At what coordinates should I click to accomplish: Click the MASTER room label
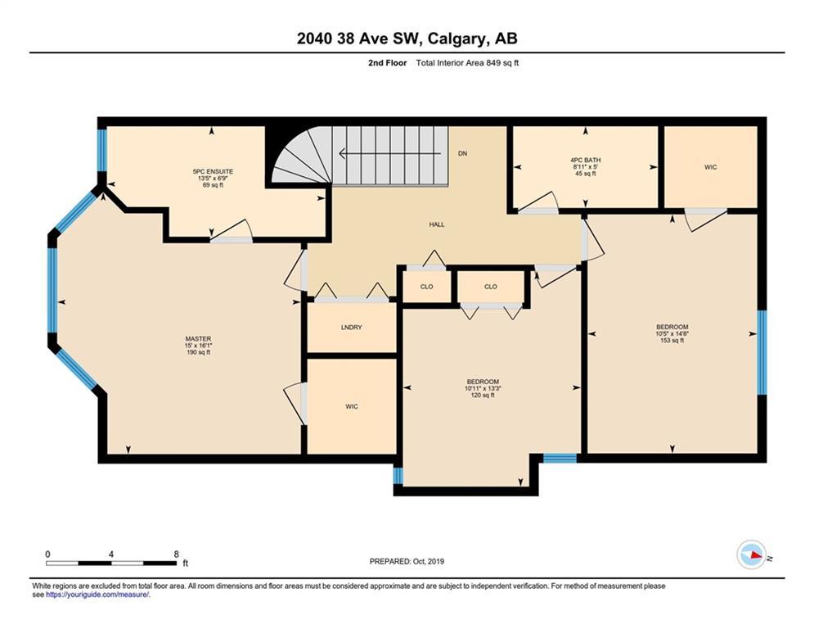(x=198, y=339)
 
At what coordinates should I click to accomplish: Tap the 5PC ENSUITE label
(x=213, y=171)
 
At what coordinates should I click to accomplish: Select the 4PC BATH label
(x=586, y=160)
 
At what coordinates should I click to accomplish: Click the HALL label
(x=437, y=224)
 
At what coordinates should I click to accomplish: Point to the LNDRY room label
(x=352, y=328)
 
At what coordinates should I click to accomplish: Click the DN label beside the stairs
(x=462, y=153)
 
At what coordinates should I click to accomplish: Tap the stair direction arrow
(x=390, y=154)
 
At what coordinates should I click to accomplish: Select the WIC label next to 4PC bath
(x=711, y=167)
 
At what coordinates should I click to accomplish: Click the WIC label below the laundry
(x=352, y=406)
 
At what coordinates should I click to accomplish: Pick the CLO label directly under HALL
(x=427, y=287)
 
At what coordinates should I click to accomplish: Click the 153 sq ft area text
(x=672, y=341)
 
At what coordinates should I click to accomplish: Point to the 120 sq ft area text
(x=483, y=395)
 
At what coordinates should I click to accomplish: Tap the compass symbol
(x=752, y=555)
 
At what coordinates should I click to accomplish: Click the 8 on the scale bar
(x=177, y=554)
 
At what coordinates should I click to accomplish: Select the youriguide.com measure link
(x=97, y=595)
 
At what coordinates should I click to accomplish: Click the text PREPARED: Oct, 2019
(x=407, y=561)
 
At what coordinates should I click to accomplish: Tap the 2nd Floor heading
(x=387, y=63)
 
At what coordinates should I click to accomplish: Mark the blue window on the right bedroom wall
(x=762, y=352)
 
